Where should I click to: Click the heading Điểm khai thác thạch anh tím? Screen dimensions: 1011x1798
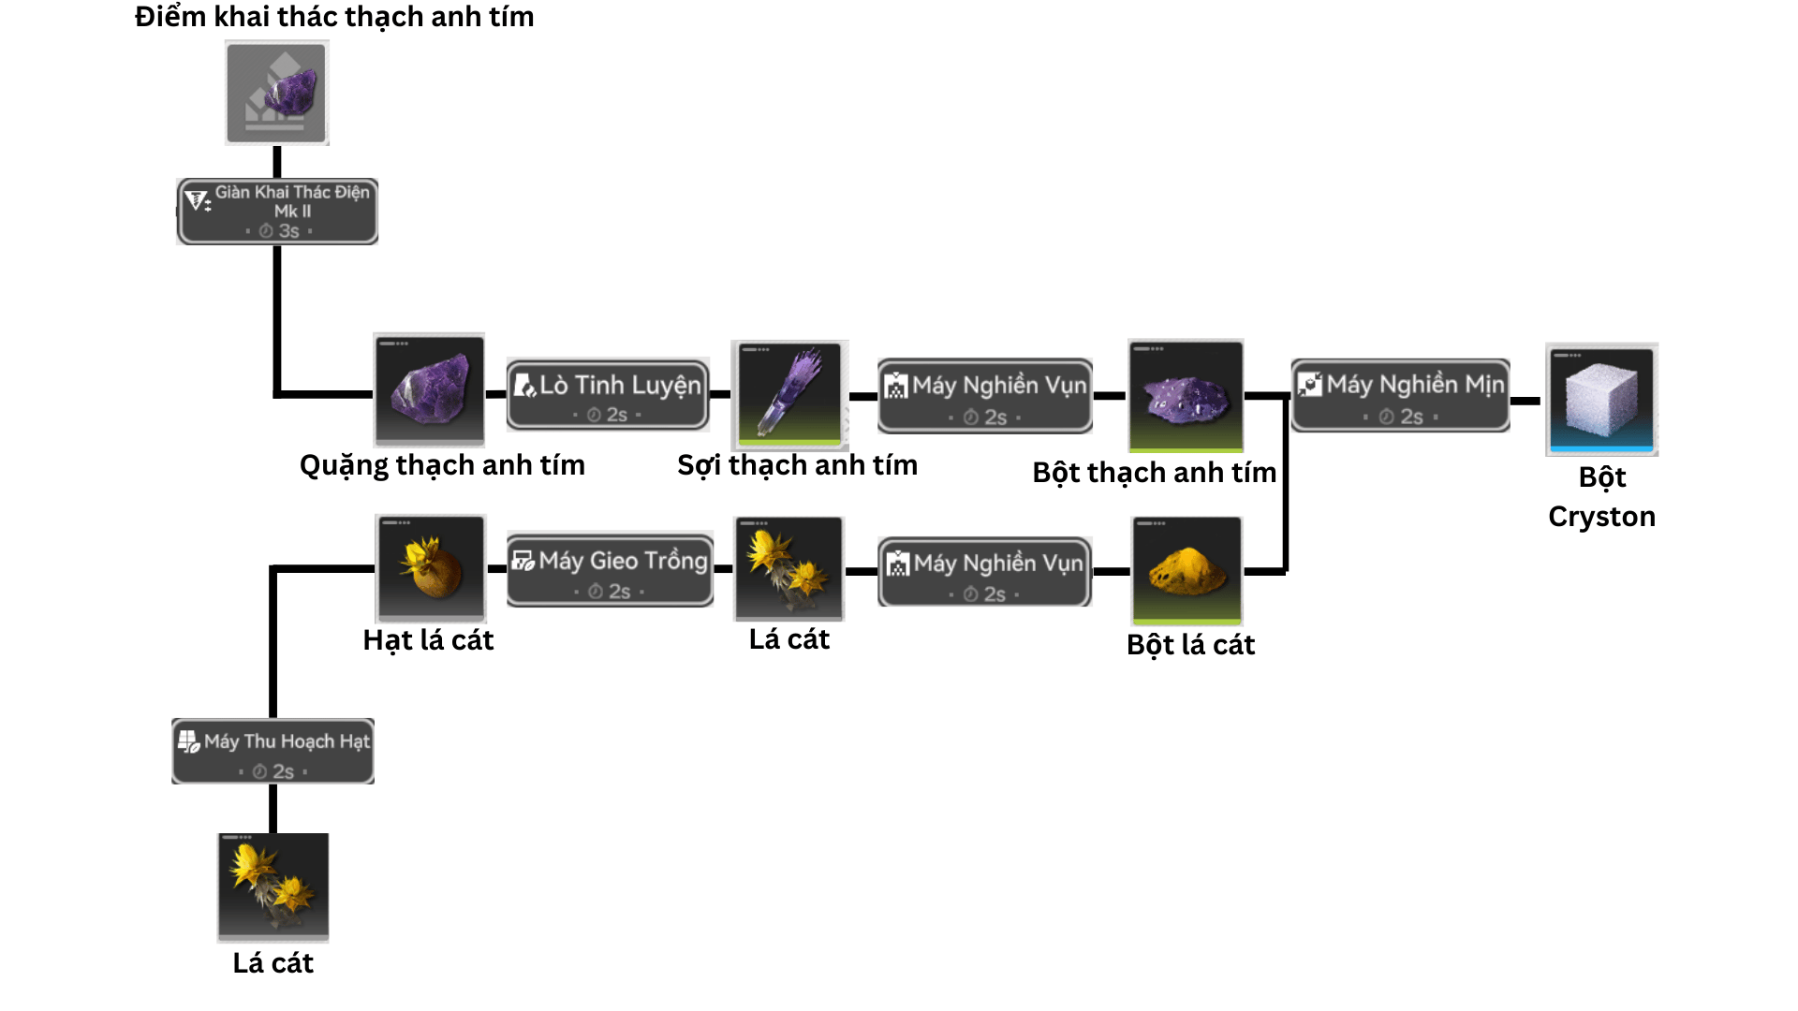(x=334, y=17)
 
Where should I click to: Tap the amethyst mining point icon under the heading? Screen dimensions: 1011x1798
(x=277, y=93)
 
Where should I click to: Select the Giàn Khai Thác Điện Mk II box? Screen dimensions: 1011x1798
(x=278, y=212)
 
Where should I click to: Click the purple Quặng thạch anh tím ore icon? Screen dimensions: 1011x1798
(x=429, y=389)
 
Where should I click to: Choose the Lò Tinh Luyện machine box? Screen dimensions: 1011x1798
(x=608, y=394)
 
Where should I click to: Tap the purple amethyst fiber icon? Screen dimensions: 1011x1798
(x=790, y=394)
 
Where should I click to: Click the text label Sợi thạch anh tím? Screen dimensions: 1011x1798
(x=797, y=465)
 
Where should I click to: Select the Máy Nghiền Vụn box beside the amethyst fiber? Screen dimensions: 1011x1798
(x=985, y=396)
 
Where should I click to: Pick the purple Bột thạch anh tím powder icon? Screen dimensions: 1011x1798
(x=1186, y=395)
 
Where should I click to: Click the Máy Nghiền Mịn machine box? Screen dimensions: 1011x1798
(x=1401, y=395)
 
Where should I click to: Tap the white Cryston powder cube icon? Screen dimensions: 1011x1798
(x=1601, y=400)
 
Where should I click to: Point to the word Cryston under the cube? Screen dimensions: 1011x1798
(x=1601, y=517)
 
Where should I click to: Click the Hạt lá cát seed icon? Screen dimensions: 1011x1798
(x=431, y=568)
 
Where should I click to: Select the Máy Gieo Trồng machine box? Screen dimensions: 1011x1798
(x=611, y=569)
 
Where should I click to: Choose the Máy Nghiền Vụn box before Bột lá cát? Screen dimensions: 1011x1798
(x=985, y=572)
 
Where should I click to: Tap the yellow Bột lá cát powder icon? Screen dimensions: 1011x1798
(x=1186, y=570)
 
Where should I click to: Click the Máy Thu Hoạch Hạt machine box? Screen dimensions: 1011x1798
(x=273, y=751)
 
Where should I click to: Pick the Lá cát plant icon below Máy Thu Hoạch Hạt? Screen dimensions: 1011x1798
(x=273, y=886)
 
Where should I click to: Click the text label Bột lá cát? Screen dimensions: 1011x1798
(x=1190, y=645)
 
